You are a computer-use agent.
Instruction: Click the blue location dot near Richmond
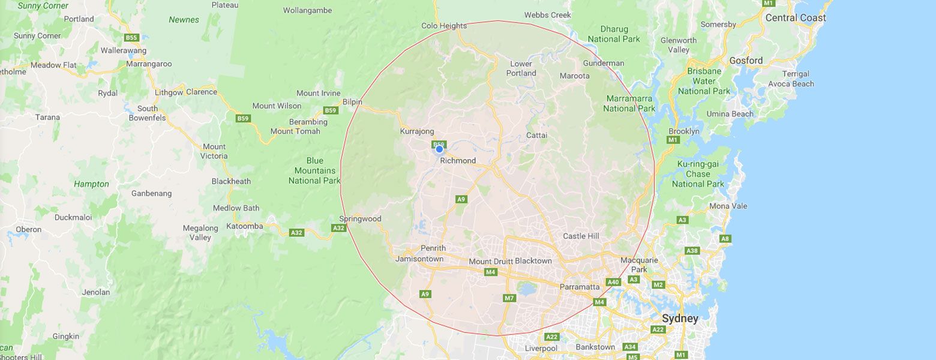coord(439,149)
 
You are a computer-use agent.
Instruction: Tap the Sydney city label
coord(680,319)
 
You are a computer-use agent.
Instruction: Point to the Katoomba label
coord(244,226)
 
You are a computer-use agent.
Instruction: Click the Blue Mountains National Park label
coord(314,170)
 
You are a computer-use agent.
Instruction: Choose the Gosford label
coord(746,61)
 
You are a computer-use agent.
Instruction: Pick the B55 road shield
coord(131,38)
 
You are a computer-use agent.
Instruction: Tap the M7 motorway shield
coord(509,298)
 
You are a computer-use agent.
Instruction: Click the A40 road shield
coord(613,282)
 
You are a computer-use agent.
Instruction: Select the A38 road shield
coord(692,251)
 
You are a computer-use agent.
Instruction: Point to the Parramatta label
coord(579,287)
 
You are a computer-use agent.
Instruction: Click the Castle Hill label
coord(581,236)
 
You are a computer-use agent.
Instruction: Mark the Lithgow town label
coord(169,92)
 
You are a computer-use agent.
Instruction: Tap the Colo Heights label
coord(444,26)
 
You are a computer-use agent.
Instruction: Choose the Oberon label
coord(29,229)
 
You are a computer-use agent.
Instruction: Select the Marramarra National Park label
coord(629,103)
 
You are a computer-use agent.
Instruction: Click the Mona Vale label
coord(728,206)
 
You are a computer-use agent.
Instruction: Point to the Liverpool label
coord(541,349)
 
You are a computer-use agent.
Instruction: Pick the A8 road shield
coord(725,239)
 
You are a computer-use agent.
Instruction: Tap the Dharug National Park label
coord(614,34)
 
